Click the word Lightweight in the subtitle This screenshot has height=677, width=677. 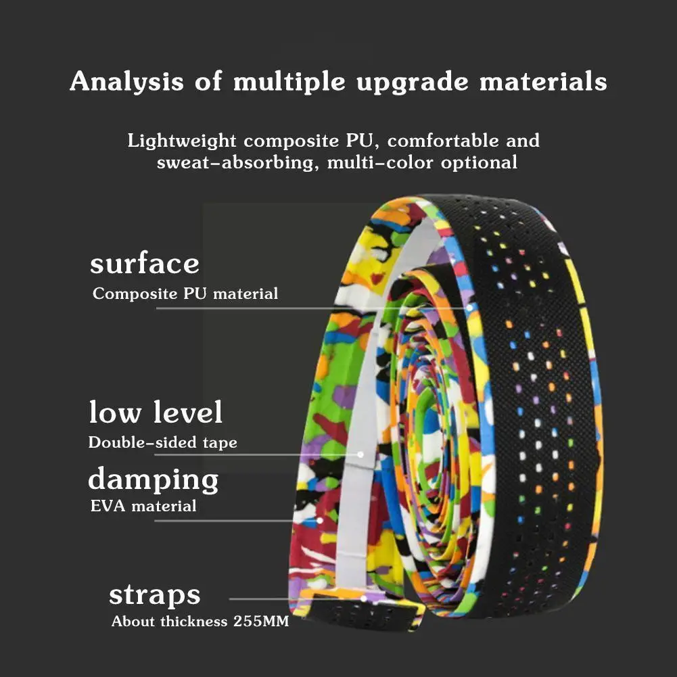pos(182,141)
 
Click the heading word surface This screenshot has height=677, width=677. pos(145,264)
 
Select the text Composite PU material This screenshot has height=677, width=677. pos(185,294)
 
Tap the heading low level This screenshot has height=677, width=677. pos(156,412)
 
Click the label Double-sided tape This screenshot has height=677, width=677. pos(163,443)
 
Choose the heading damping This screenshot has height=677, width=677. pos(154,480)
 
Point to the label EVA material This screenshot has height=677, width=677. pos(143,506)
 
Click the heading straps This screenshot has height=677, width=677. pos(155,595)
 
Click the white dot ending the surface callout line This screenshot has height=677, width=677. pos(469,308)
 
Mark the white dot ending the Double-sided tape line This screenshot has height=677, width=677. pos(360,455)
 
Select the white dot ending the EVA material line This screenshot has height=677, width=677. pos(319,521)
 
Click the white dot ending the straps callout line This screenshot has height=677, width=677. pos(364,598)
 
